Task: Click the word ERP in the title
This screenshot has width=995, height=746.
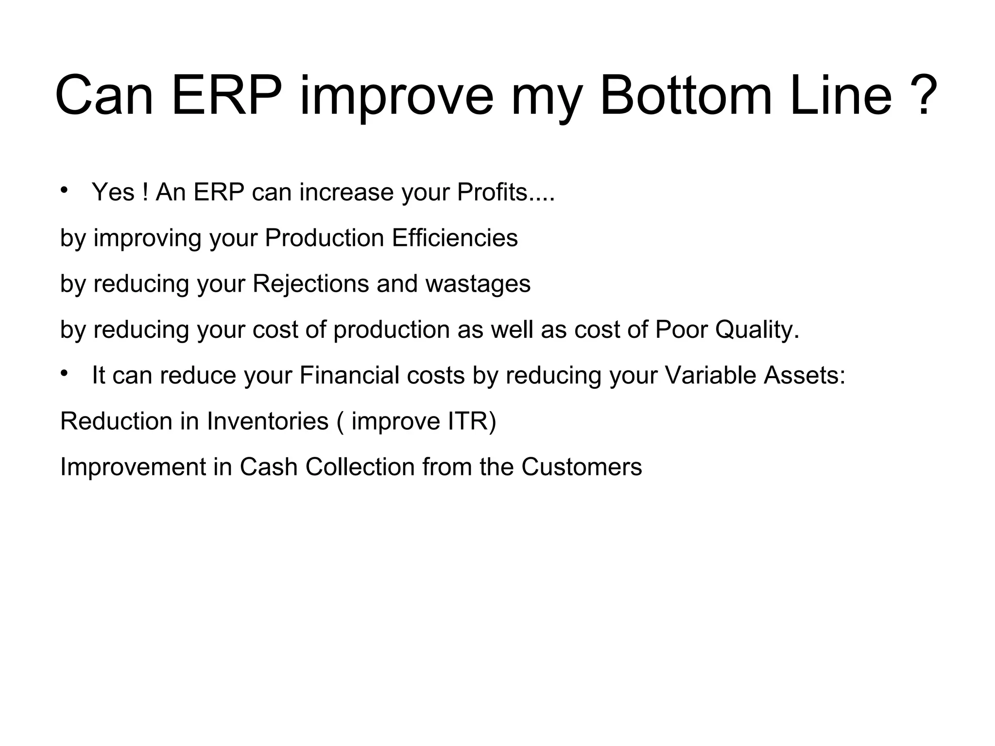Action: [226, 95]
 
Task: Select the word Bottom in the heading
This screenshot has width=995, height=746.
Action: [686, 95]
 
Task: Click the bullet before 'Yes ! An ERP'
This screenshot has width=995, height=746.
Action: [64, 190]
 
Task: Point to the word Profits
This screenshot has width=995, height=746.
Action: [492, 192]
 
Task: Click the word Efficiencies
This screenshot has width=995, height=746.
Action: [455, 238]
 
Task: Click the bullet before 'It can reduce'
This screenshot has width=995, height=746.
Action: [64, 373]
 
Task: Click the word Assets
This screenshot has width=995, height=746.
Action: [804, 375]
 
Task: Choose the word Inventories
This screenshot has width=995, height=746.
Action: [268, 421]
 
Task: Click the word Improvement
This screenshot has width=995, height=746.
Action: [133, 467]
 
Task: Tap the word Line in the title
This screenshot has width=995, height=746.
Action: [841, 95]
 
